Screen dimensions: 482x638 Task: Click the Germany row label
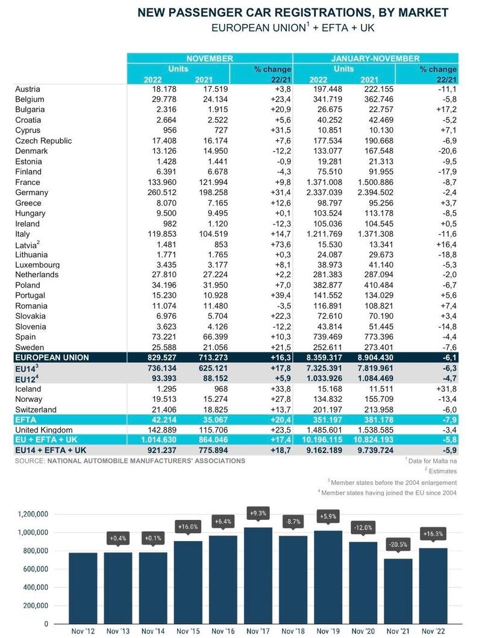tap(31, 192)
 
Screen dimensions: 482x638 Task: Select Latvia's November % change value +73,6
tap(280, 244)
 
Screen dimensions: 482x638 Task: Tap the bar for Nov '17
tap(258, 575)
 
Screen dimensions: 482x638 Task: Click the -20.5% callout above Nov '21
tap(398, 544)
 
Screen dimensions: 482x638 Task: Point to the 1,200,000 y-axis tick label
tap(33, 514)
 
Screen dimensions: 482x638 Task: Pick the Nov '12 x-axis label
tap(83, 631)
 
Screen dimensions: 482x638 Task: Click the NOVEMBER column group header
tap(210, 58)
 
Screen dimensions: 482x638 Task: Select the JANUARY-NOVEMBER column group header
tap(375, 58)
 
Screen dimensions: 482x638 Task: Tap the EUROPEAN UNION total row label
tap(52, 358)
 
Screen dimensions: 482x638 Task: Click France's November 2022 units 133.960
tap(162, 183)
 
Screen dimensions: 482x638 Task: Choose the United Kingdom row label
tap(44, 430)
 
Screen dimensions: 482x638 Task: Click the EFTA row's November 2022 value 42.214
tap(164, 420)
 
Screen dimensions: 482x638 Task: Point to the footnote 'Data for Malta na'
tap(432, 461)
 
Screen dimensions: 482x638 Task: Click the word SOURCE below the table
tap(30, 461)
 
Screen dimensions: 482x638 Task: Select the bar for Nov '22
tap(433, 586)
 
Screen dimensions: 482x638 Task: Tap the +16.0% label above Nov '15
tap(188, 527)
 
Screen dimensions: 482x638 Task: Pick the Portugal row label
tap(30, 295)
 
